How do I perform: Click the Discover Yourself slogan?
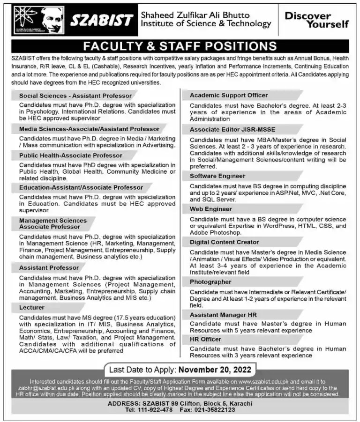(316, 20)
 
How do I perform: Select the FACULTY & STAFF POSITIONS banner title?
(180, 46)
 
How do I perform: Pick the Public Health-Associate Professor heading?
(71, 155)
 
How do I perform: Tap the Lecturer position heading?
(32, 308)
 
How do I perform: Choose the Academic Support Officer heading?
(228, 96)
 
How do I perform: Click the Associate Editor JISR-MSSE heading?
(232, 129)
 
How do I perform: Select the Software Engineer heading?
(217, 176)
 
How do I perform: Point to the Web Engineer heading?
(210, 209)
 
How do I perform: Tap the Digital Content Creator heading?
(224, 242)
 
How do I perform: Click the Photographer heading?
(210, 282)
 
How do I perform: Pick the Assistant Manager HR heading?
(223, 315)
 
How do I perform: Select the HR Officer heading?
(205, 339)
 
